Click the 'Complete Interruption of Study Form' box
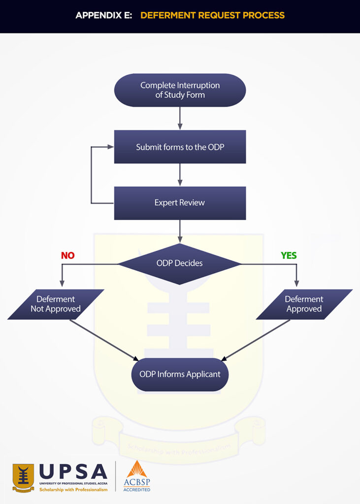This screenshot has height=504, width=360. tap(180, 90)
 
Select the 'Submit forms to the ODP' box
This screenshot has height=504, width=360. tap(180, 147)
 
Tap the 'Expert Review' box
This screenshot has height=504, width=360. tap(180, 203)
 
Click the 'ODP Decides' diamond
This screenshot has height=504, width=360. tap(180, 263)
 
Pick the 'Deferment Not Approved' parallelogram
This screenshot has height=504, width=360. tap(56, 304)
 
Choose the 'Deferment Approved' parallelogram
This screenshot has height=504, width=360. tap(304, 304)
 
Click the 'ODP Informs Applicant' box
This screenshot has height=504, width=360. tap(180, 375)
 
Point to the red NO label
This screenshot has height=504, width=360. tap(67, 255)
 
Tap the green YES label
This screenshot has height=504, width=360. tap(289, 255)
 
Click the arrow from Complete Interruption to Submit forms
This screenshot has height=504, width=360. tap(180, 118)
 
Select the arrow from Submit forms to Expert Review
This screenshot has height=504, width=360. tap(180, 175)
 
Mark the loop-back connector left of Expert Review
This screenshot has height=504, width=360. tap(92, 175)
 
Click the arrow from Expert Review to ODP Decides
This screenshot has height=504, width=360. tap(180, 231)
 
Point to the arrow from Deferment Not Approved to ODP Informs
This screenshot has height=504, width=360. tap(103, 340)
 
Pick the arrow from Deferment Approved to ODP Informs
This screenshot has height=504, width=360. tap(256, 340)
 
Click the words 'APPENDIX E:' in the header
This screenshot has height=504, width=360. tap(103, 15)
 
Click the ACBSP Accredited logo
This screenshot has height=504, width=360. tap(137, 476)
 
